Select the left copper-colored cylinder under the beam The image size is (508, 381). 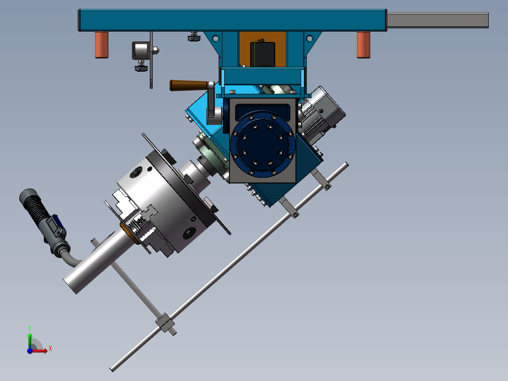[x=101, y=45]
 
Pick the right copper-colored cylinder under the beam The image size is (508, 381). [x=363, y=45]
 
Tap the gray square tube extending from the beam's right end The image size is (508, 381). [x=438, y=20]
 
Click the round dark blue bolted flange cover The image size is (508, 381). [x=263, y=144]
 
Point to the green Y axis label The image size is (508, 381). [x=30, y=328]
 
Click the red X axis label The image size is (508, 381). [x=50, y=349]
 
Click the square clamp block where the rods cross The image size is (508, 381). [x=165, y=323]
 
